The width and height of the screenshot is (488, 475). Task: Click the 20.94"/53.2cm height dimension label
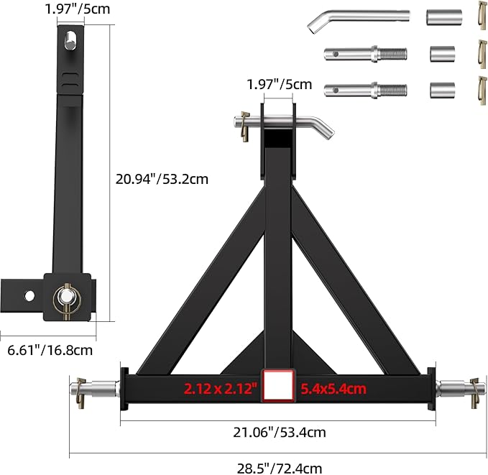point(162,179)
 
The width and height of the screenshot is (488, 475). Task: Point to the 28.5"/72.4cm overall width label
point(279,467)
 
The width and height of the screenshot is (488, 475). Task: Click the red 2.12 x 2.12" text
point(220,389)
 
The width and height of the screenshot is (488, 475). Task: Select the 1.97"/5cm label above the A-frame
point(279,84)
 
